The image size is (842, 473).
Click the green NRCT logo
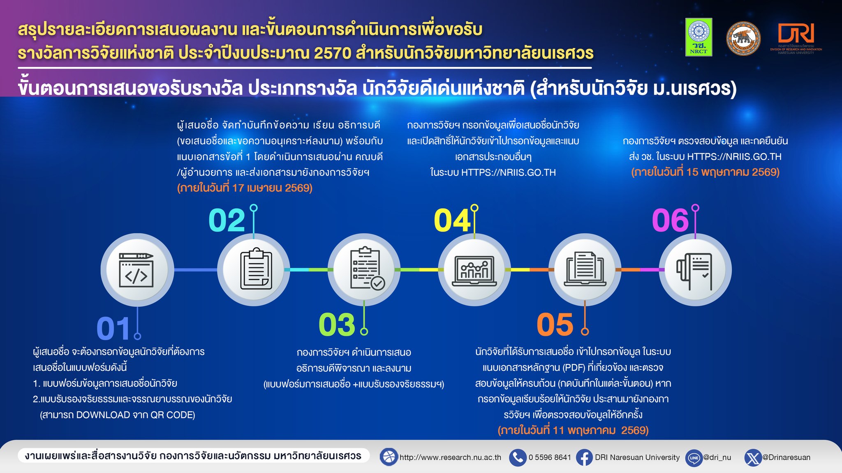point(699,37)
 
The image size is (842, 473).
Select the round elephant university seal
point(743,38)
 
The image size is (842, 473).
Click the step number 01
point(113,328)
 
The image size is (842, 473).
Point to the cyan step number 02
point(227,220)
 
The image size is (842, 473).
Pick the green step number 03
point(337,324)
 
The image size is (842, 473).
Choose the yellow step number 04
point(452,220)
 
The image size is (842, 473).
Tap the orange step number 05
point(555,324)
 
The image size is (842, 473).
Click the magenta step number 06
point(670,220)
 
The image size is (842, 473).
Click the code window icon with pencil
point(136,270)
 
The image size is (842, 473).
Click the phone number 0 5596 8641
point(550,457)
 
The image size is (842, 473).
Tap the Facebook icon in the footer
point(584,457)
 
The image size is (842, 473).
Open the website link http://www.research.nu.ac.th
point(450,457)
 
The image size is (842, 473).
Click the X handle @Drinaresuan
point(786,457)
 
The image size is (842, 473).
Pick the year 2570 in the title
point(332,53)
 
